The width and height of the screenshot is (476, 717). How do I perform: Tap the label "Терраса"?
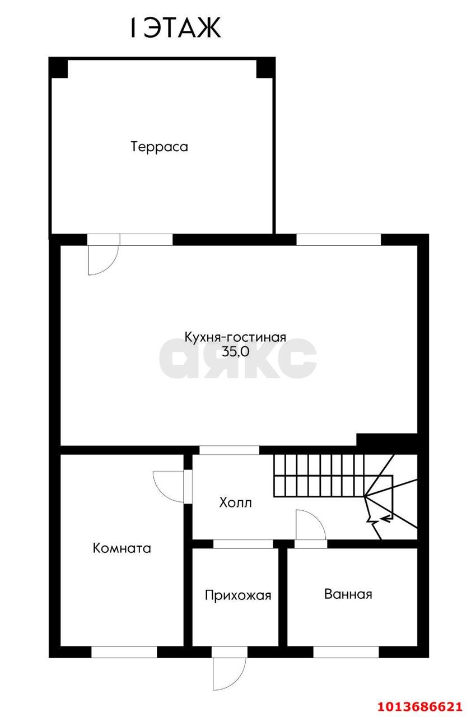[160, 147]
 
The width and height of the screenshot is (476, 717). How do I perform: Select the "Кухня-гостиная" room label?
[235, 337]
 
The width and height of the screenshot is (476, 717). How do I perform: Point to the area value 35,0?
[235, 353]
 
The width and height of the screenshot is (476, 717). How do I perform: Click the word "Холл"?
[235, 502]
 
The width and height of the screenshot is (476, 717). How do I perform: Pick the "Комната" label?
[122, 548]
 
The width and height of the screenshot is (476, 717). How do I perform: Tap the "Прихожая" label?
[237, 595]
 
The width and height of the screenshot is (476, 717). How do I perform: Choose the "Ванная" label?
[348, 594]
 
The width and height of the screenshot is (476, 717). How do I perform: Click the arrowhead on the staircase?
[385, 518]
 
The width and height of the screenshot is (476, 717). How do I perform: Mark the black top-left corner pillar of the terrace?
[58, 67]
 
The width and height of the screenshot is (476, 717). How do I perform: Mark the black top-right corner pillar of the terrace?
[265, 67]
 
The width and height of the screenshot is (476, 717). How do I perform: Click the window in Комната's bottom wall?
[124, 652]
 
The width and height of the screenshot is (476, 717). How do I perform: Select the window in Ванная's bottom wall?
[346, 652]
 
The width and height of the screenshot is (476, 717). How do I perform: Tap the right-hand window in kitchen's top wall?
[338, 239]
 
